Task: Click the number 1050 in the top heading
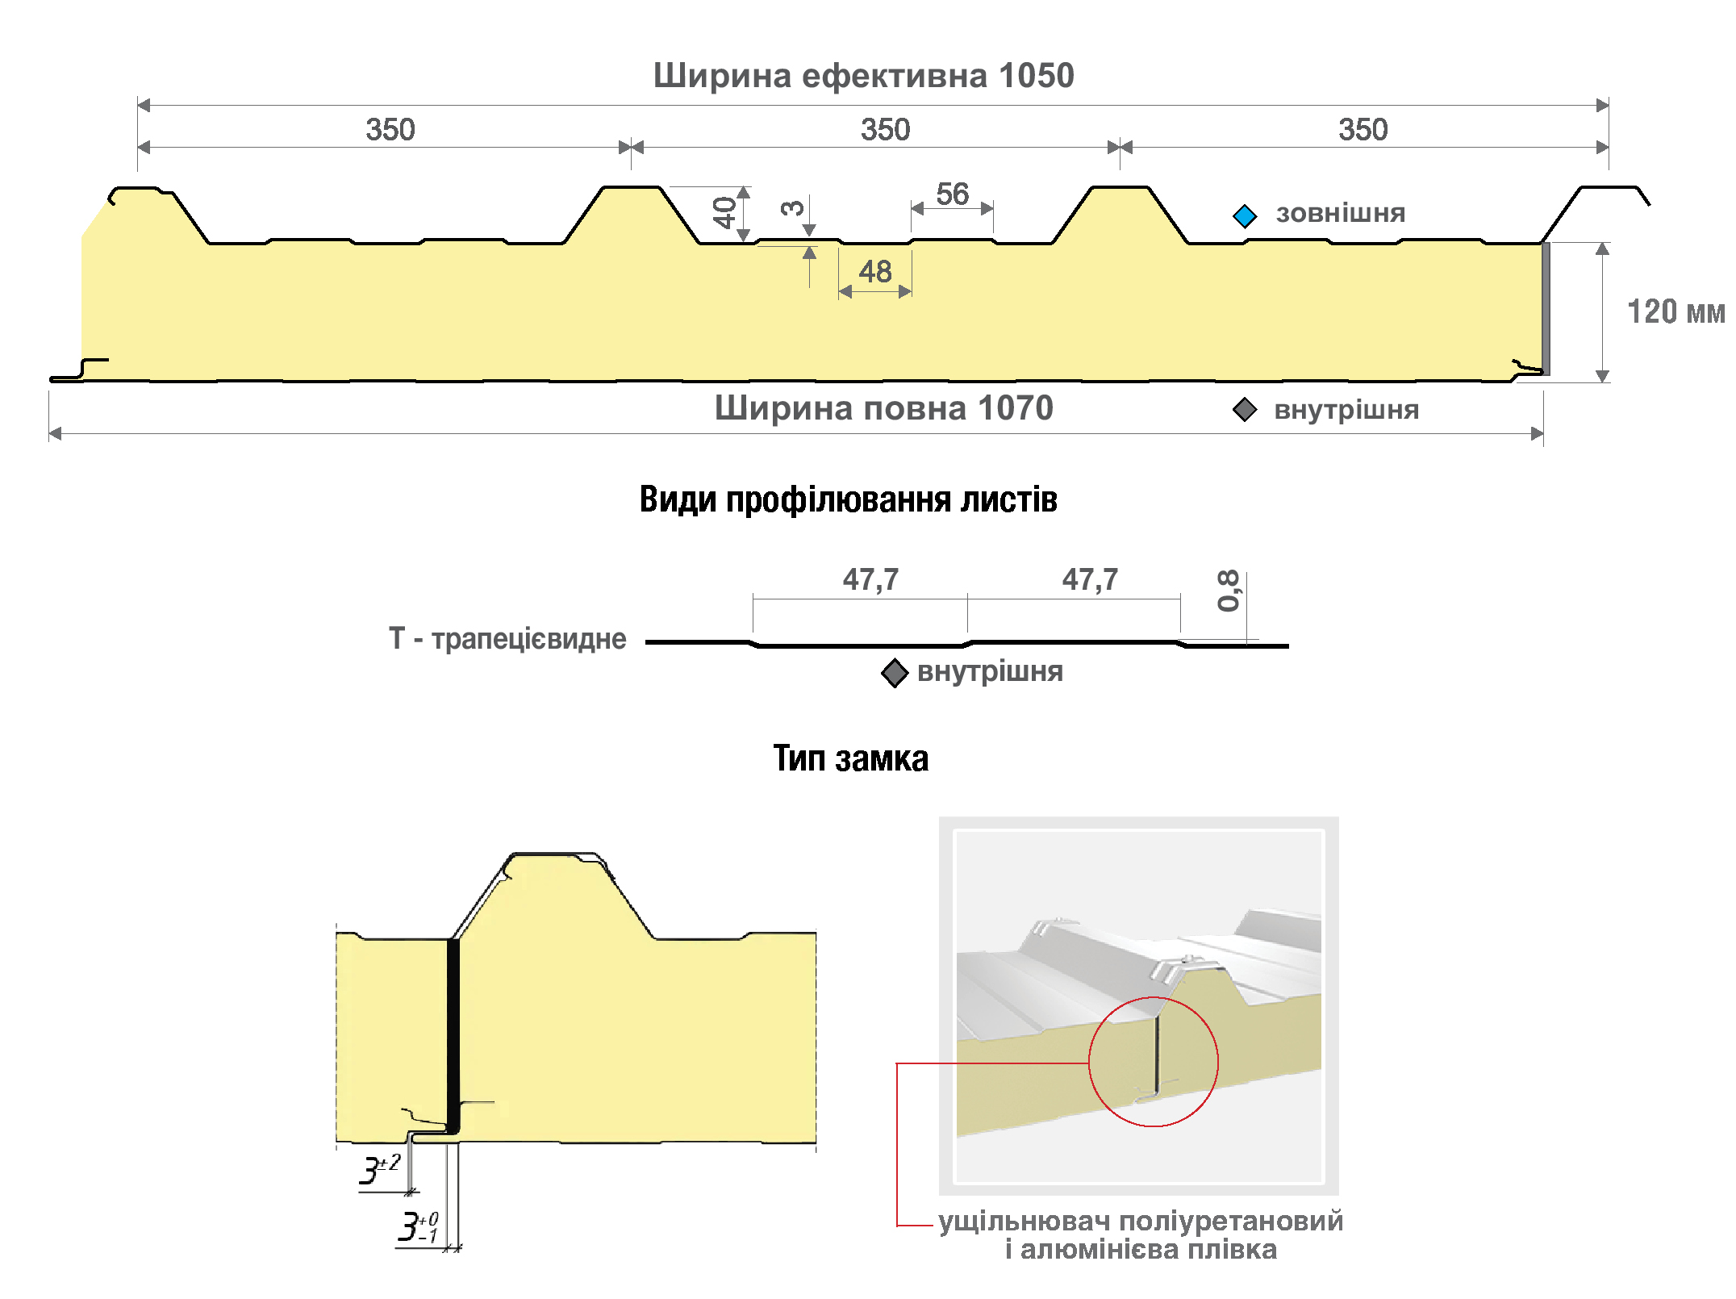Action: [1036, 76]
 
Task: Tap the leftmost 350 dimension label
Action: [390, 130]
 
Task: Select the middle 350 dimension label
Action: [885, 130]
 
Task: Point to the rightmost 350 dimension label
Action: [1363, 130]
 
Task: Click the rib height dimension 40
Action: [724, 213]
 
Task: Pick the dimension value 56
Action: [953, 194]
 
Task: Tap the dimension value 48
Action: [875, 271]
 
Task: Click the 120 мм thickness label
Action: [1675, 311]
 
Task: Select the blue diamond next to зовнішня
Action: [1245, 215]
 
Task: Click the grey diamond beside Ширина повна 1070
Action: [1245, 409]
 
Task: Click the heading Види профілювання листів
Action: [848, 499]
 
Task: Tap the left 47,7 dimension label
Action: [870, 579]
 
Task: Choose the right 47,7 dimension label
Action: [1090, 579]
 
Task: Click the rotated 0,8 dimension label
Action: [1228, 591]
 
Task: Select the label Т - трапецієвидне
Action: [507, 638]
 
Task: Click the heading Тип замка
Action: [851, 758]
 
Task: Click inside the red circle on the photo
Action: [1154, 1062]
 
